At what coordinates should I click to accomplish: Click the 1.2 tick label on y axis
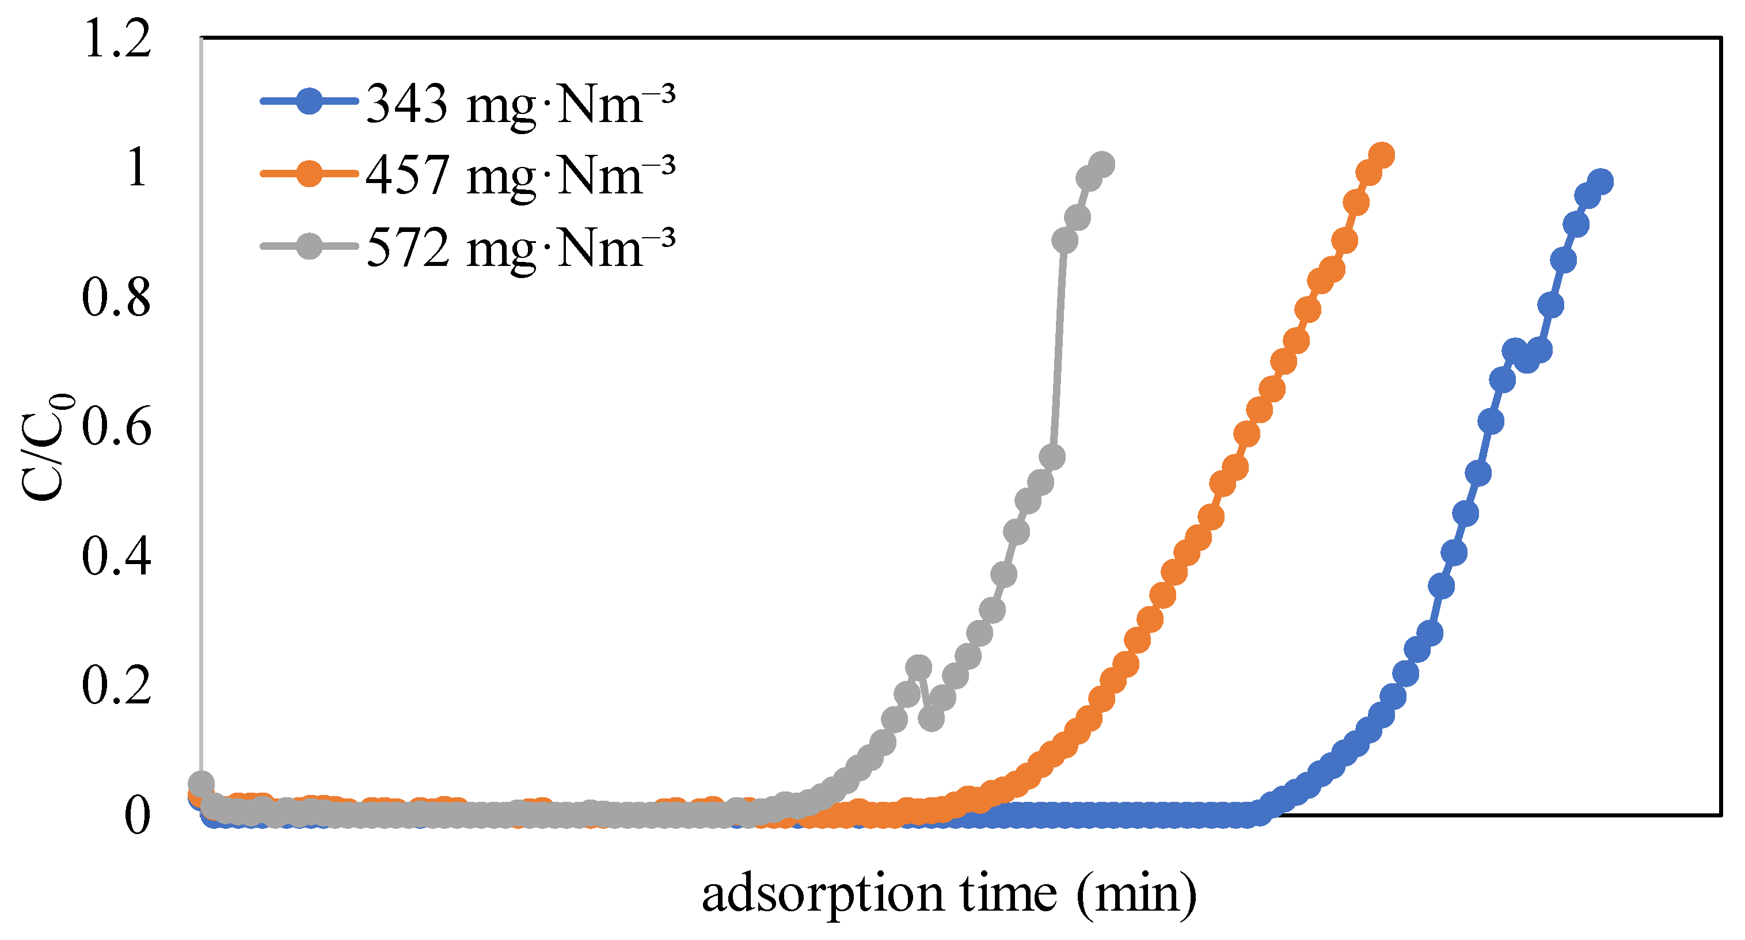116,39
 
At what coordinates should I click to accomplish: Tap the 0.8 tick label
116,299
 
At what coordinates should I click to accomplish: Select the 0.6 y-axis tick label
116,428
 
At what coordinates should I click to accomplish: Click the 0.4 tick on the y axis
116,557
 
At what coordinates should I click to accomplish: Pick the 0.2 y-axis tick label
116,686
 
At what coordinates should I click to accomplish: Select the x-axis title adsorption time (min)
948,894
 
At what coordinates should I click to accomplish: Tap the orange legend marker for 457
309,173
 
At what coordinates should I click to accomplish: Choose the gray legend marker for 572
309,246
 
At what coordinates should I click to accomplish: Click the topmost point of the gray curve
1102,164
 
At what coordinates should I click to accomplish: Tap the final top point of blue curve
1600,182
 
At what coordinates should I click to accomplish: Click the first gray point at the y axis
200,783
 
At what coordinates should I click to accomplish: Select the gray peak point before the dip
918,668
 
